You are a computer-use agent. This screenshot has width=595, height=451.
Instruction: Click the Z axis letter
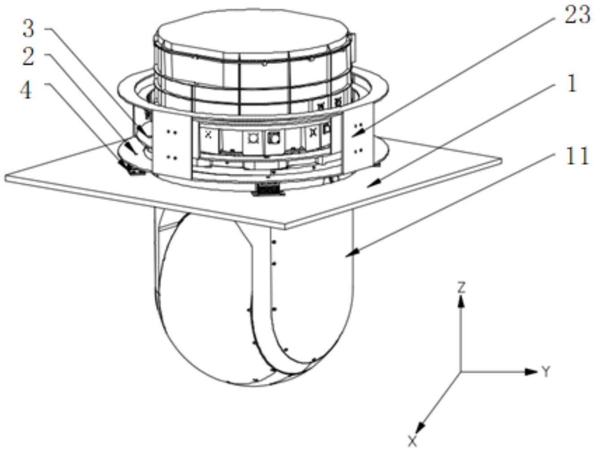(x=461, y=287)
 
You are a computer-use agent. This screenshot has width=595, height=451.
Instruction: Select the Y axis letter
(x=545, y=372)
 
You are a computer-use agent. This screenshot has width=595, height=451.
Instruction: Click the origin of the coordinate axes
(x=460, y=371)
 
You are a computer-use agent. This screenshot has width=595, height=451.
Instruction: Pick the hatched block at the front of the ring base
(x=268, y=190)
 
